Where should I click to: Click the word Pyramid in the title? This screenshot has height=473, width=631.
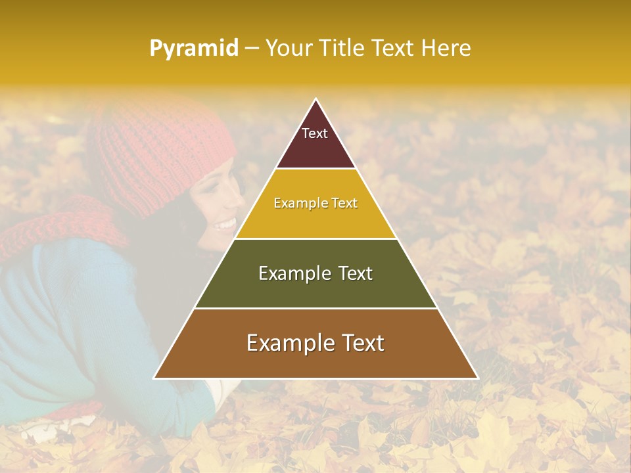[194, 49]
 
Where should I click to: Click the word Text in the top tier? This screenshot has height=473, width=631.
[315, 133]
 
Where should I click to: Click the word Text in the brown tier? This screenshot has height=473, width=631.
[359, 343]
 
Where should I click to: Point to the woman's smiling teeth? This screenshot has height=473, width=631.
[225, 225]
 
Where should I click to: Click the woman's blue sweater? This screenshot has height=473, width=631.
[79, 315]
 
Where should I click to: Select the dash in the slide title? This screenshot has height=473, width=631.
[252, 49]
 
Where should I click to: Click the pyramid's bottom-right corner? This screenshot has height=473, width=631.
[477, 378]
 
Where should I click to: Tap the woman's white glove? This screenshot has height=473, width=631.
[217, 391]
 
